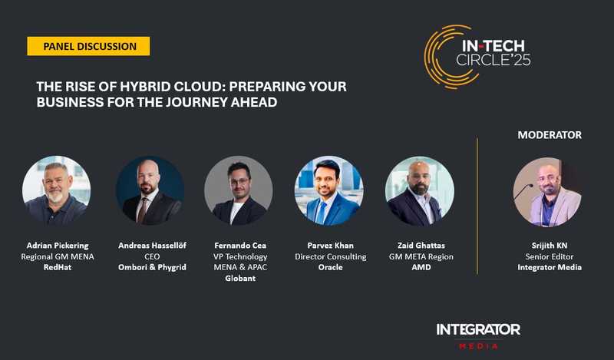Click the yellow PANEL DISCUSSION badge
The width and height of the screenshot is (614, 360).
click(x=89, y=46)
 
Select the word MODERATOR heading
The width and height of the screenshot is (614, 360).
click(x=549, y=134)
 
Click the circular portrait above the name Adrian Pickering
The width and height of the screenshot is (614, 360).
click(x=56, y=190)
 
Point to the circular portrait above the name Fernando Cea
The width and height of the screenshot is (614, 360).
click(x=239, y=190)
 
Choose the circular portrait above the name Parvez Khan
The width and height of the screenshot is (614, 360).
click(x=329, y=190)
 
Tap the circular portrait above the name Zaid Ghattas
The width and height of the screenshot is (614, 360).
click(x=419, y=190)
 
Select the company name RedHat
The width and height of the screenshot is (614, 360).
click(x=56, y=268)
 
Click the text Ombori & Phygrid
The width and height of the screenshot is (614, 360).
click(x=150, y=268)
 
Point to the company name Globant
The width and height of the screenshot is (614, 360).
click(x=240, y=279)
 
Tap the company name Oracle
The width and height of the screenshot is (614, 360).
click(x=330, y=268)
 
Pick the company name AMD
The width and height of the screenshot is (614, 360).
click(x=420, y=268)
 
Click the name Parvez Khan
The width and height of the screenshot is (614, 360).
click(x=330, y=245)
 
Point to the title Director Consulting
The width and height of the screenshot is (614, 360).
click(x=330, y=256)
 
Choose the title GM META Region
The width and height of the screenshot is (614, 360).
click(x=420, y=256)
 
